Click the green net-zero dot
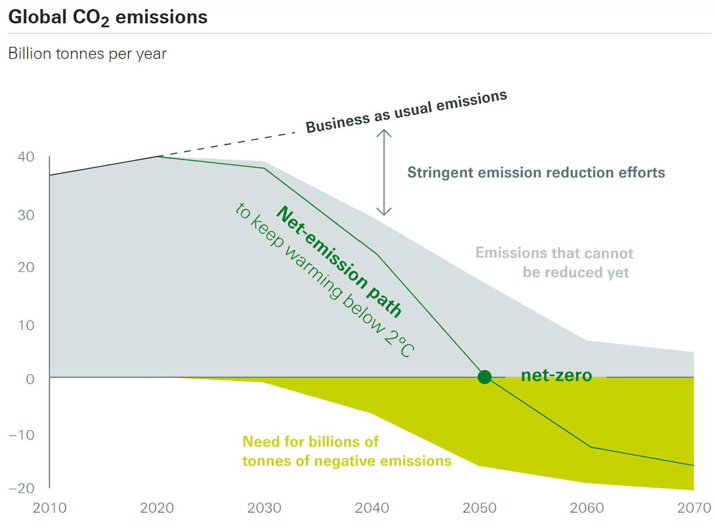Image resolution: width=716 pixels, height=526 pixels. click(x=484, y=377)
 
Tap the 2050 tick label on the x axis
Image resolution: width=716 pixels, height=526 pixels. click(x=479, y=508)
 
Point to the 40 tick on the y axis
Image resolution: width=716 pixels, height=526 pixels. click(x=26, y=157)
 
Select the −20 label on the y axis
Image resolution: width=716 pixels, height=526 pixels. click(x=21, y=488)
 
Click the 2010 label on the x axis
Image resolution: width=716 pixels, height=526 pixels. click(x=50, y=508)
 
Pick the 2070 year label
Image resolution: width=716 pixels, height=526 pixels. click(x=694, y=508)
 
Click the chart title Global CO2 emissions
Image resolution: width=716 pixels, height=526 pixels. click(x=108, y=17)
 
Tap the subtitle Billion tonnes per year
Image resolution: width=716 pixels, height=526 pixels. click(x=87, y=54)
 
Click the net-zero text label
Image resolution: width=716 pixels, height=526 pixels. click(x=556, y=375)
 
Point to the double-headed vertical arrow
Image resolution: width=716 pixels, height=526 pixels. click(x=384, y=172)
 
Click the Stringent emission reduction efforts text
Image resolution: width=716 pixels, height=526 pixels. click(x=536, y=172)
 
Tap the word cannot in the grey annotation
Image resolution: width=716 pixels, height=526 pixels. click(x=609, y=253)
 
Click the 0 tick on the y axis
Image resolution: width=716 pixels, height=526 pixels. click(x=30, y=379)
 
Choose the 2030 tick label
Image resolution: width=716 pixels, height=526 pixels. click(x=264, y=508)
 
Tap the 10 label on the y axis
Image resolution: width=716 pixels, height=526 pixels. click(x=26, y=325)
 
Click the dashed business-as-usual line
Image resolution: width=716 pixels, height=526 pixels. click(x=228, y=144)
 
